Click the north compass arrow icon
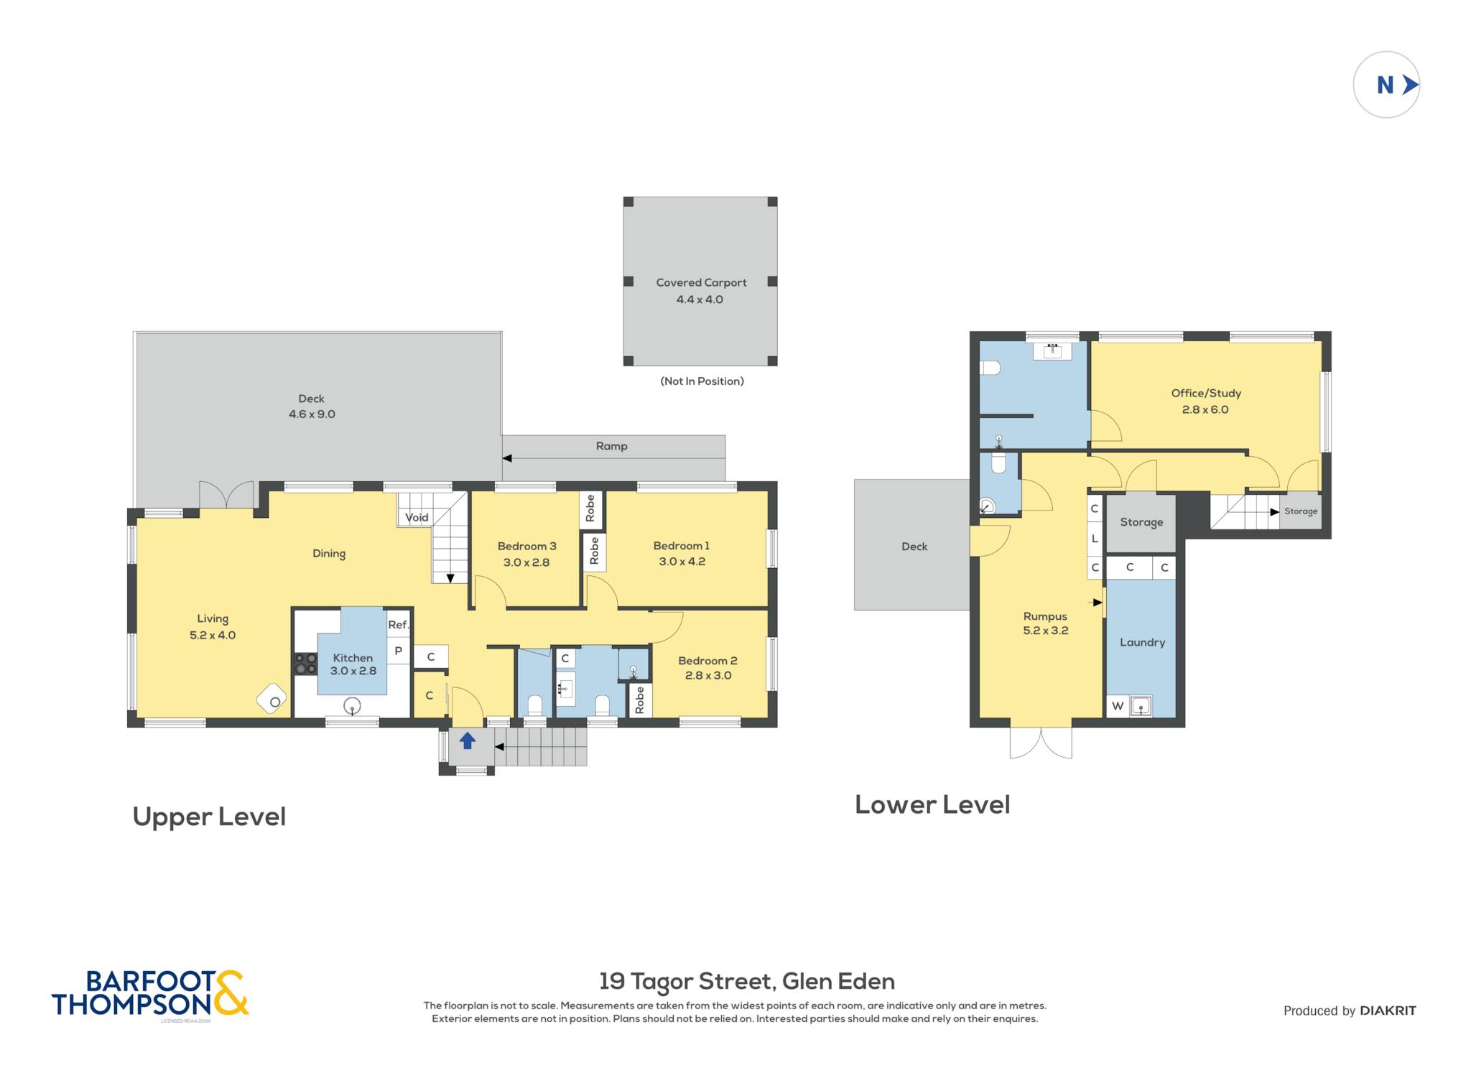coord(1410,85)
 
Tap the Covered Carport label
coord(701,283)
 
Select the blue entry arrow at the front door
coord(468,740)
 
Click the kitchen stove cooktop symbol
coord(306,664)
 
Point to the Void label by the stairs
coord(417,517)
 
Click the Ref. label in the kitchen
coord(399,625)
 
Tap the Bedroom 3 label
coord(526,547)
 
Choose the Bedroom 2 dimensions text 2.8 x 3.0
coord(708,675)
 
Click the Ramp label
coord(611,446)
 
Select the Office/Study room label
coord(1206,394)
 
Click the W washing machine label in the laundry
coord(1118,706)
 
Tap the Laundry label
coord(1142,643)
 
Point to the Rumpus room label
coord(1045,616)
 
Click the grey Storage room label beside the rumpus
coord(1141,522)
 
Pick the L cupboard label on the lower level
coord(1095,538)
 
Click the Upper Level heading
coord(209,817)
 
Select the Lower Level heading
coord(932,804)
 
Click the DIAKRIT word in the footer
coord(1388,1011)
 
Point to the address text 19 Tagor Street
coord(687,982)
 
